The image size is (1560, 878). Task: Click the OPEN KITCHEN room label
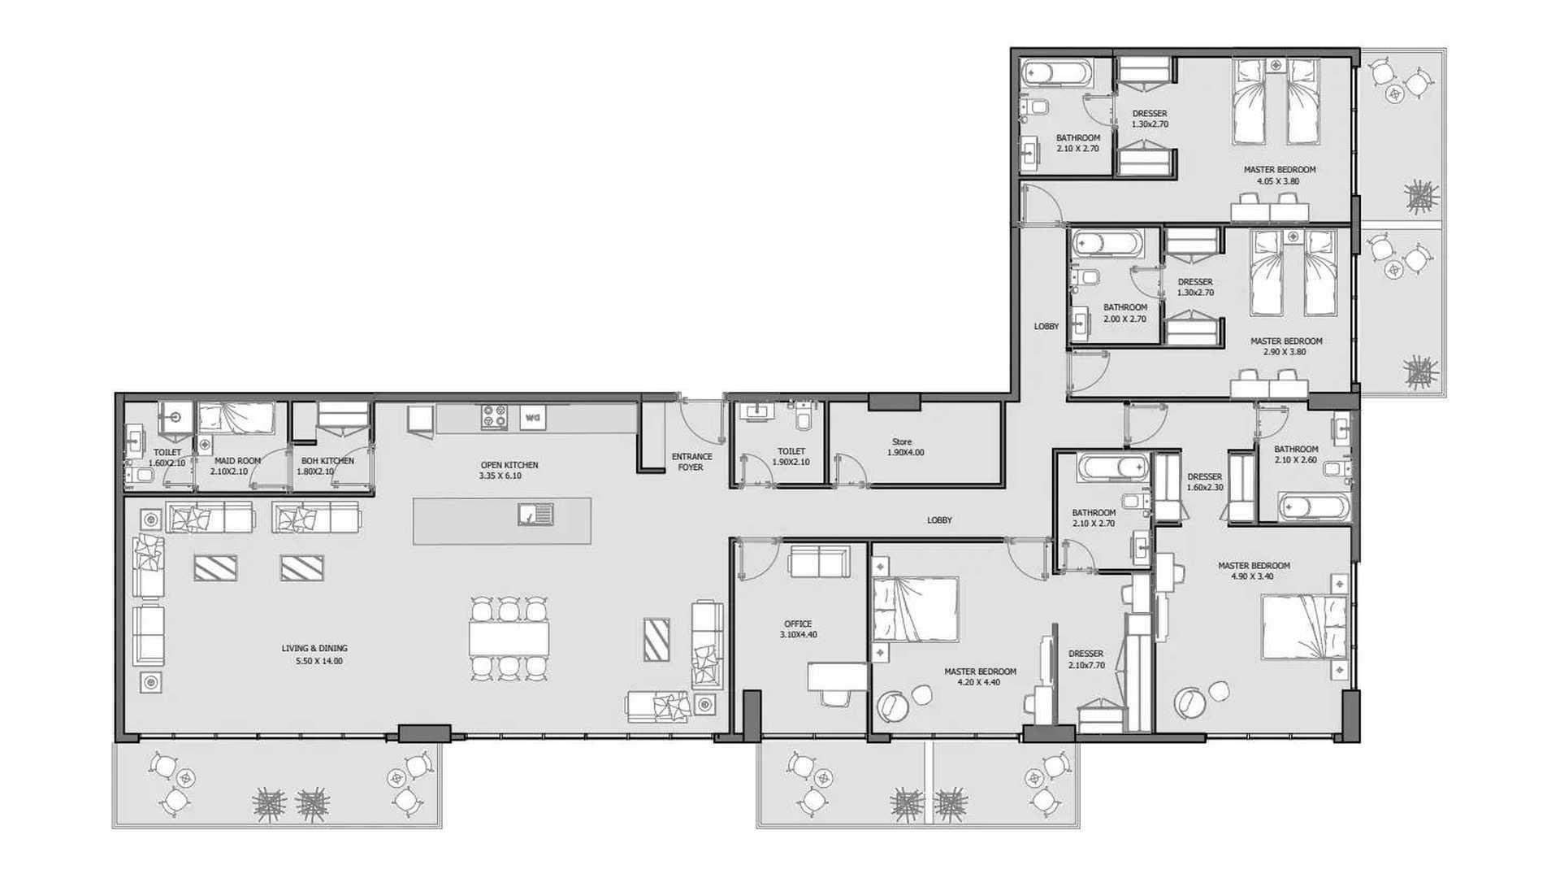point(509,465)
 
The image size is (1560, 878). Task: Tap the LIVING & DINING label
point(314,648)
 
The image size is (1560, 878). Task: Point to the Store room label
point(902,441)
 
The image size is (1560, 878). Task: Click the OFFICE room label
point(798,624)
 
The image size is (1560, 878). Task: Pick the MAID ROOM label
point(237,461)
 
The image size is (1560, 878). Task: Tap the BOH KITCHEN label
point(327,461)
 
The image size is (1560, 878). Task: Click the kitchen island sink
point(535,514)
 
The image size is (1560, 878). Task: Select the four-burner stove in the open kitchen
point(494,417)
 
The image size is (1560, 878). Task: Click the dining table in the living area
point(509,638)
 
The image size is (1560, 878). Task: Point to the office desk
point(838,676)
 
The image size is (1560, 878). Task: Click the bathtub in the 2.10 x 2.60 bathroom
point(1314,507)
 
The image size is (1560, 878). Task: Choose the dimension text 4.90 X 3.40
point(1253,576)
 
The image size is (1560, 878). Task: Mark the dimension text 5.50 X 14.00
point(319,661)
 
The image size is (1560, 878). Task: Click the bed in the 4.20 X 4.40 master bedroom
point(915,610)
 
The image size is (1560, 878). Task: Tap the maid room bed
point(236,419)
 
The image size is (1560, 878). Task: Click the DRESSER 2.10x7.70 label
point(1086,658)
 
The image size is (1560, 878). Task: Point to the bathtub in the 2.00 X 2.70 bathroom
point(1107,243)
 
